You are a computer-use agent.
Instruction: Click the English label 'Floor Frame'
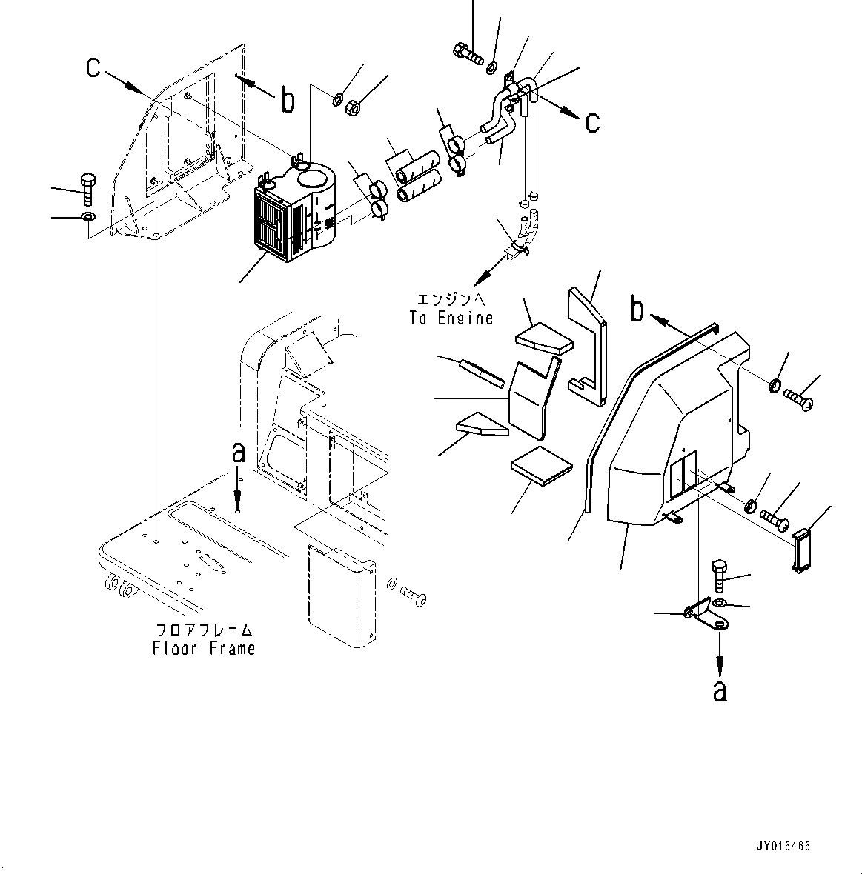[x=203, y=648]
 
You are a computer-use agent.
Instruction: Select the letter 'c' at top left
[x=93, y=67]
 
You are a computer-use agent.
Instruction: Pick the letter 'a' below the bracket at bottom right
[x=719, y=690]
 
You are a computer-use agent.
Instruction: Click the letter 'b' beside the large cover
[x=637, y=310]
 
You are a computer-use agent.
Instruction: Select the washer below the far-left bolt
[x=87, y=217]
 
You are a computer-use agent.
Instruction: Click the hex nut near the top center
[x=353, y=107]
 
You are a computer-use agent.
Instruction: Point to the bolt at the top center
[x=465, y=52]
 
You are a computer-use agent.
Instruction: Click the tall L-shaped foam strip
[x=589, y=341]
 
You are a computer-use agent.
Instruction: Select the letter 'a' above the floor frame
[x=238, y=453]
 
